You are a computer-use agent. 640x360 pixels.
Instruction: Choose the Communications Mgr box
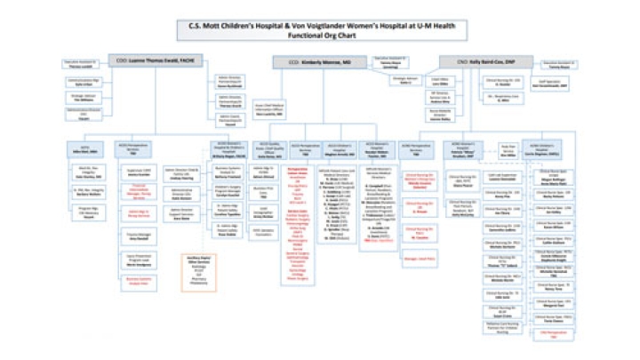coord(82,81)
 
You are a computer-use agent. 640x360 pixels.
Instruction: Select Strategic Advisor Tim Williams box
coord(82,97)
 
